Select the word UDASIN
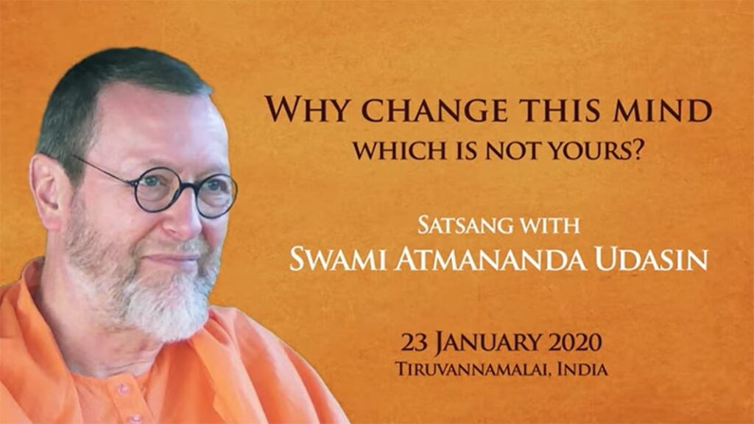pyautogui.click(x=651, y=260)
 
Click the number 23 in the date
pyautogui.click(x=415, y=343)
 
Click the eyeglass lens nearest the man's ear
pyautogui.click(x=156, y=190)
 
